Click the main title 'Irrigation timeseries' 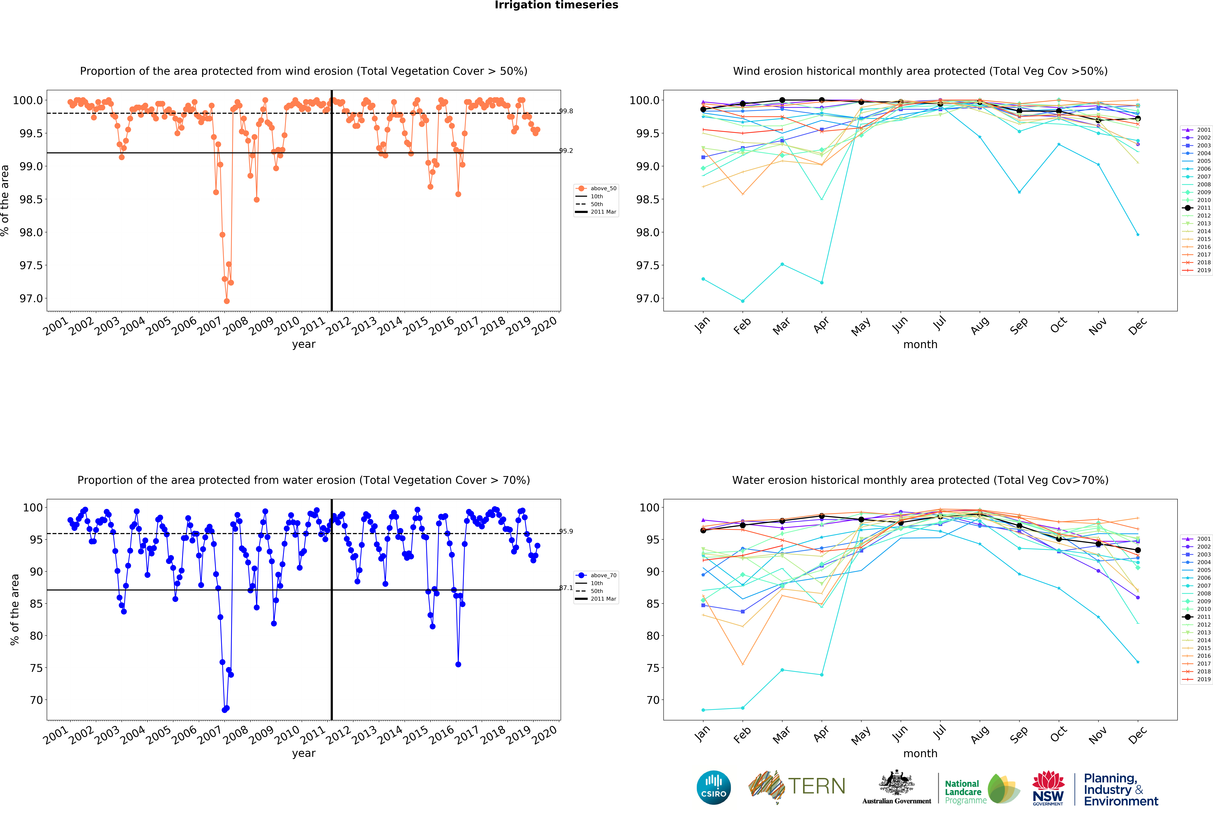pos(556,5)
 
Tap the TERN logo pos(797,787)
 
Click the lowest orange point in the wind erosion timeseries pos(226,301)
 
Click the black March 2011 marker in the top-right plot pos(782,100)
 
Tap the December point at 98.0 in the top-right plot pos(1138,235)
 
